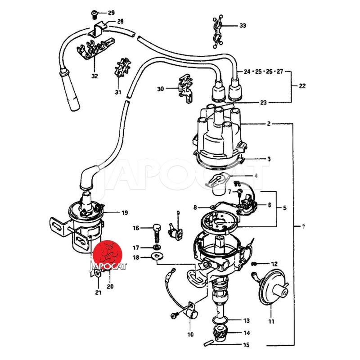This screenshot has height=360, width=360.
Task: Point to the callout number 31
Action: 118,92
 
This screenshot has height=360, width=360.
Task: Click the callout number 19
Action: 125,212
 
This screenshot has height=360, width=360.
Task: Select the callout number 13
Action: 246,321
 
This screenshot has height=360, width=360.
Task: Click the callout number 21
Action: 98,292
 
